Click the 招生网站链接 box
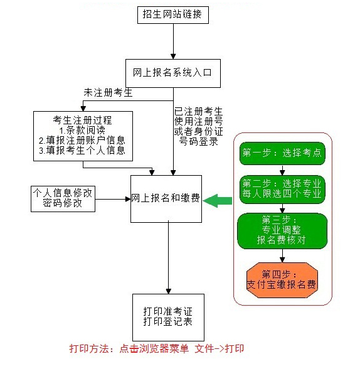(172, 14)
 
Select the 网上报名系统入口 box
(172, 72)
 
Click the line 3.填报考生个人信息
(82, 151)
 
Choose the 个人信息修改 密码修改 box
(63, 198)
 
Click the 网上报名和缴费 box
(166, 198)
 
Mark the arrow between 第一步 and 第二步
(283, 170)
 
